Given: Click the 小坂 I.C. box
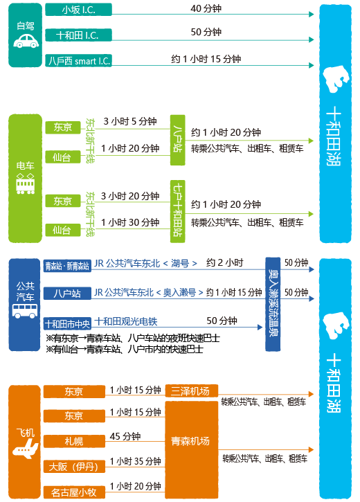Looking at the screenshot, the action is coord(78,10).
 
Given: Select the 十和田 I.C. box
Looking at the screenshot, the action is coord(78,35).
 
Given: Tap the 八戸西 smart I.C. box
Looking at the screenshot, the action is coord(78,60).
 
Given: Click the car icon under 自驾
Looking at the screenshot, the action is coord(26,41).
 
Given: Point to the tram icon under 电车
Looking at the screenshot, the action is coord(26,183).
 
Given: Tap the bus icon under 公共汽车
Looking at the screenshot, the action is coord(25,311).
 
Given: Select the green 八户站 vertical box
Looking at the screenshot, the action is coord(178,141).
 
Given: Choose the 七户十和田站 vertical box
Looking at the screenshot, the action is coord(178,211).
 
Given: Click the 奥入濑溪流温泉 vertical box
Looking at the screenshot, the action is coord(273,304).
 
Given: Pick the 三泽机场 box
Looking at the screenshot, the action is coord(191,391).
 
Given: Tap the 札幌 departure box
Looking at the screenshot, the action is coord(74,441).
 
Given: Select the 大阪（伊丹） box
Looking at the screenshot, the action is coord(74,467).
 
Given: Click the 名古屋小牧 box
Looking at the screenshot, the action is coord(74,492).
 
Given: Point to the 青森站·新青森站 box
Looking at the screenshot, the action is coord(67,266).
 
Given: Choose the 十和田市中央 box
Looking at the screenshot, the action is coord(67,323).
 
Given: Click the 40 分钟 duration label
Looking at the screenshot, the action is coord(206,8).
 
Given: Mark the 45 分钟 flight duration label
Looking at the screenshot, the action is coord(125,436).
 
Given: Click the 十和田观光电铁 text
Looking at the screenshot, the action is coord(126,321).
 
